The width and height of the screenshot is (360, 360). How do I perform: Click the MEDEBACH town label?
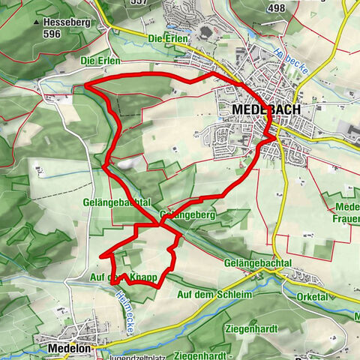[x=267, y=109]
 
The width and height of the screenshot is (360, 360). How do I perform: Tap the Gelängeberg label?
[x=183, y=215]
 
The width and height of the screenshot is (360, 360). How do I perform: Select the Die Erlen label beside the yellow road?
[x=166, y=37]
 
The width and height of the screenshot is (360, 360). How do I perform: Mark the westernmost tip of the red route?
[x=84, y=87]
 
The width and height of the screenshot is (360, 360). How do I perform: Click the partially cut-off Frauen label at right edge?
[x=348, y=220]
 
